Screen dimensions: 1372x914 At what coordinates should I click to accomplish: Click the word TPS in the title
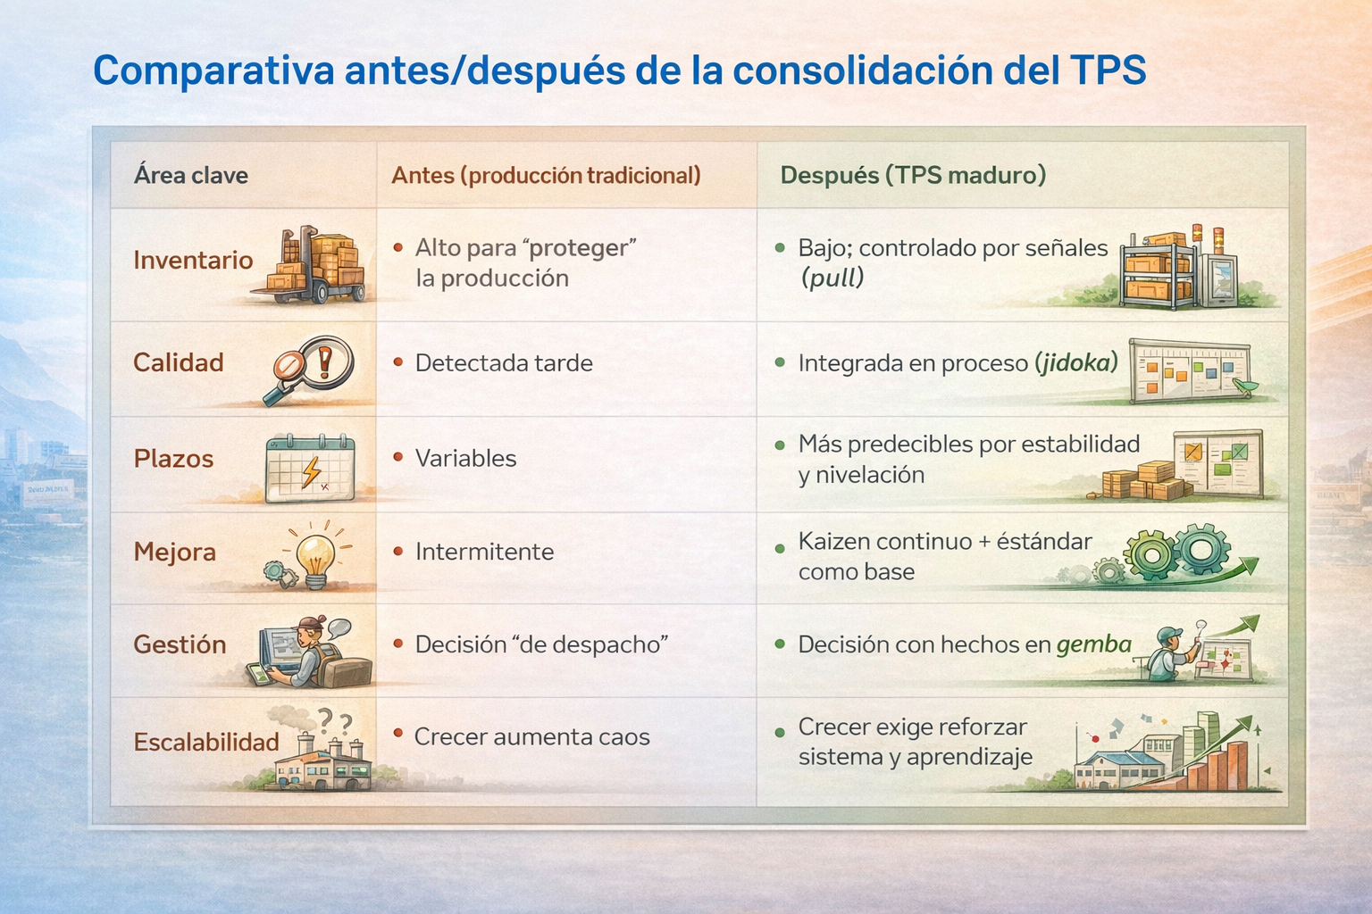tap(1108, 71)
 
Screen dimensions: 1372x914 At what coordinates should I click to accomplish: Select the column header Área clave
tap(191, 176)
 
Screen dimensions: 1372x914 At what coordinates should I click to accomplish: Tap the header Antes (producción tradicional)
tap(546, 176)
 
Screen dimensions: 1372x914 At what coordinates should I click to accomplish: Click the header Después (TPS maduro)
tap(913, 176)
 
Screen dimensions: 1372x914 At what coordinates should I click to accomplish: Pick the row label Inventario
tap(193, 260)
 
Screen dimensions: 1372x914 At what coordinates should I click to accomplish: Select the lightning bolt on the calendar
tap(312, 471)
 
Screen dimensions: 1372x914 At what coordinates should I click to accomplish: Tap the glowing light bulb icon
tap(315, 556)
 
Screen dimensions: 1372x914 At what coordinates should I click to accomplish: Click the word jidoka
tap(1076, 363)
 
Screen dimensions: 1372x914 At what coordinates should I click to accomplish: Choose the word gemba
tap(1094, 644)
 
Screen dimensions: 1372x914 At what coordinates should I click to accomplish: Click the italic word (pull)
tap(832, 278)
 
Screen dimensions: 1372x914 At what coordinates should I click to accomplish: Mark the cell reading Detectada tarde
tap(504, 363)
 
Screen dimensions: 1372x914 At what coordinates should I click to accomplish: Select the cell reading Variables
tap(465, 459)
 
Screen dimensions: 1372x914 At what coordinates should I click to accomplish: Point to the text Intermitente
tap(484, 552)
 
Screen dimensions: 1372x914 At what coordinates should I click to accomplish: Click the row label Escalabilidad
tap(206, 742)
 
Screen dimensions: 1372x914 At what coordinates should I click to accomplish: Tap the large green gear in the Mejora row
tap(1150, 555)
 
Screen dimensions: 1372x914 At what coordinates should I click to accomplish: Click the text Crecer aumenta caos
tap(531, 736)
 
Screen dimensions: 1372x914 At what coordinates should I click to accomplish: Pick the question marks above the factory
tap(335, 720)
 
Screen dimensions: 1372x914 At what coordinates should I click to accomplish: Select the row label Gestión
tap(180, 644)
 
